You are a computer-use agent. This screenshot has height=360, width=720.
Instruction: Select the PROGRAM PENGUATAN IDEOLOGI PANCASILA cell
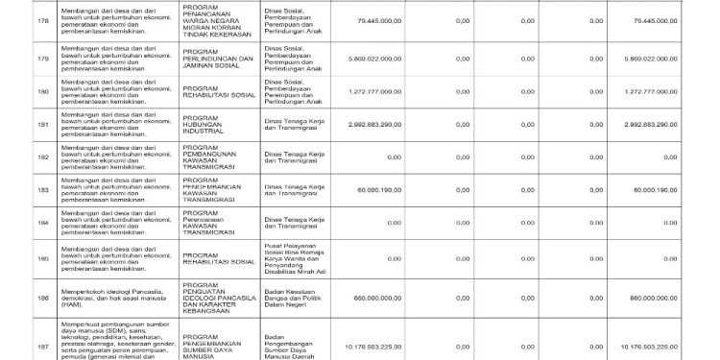pyautogui.click(x=218, y=300)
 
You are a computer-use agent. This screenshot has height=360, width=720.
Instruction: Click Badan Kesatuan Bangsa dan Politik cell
pyautogui.click(x=295, y=300)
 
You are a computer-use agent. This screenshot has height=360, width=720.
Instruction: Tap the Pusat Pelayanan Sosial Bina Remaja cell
pyautogui.click(x=295, y=258)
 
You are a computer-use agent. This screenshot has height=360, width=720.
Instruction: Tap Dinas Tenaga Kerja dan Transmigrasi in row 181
pyautogui.click(x=295, y=124)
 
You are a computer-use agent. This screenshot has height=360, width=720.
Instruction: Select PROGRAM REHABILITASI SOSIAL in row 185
pyautogui.click(x=217, y=258)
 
